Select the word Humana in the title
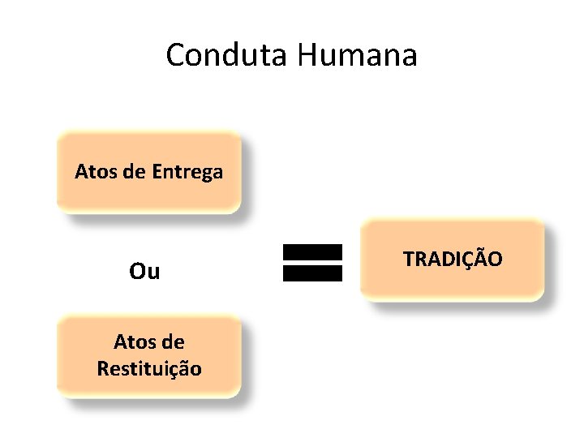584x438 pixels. [x=357, y=55]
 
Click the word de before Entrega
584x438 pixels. [x=135, y=172]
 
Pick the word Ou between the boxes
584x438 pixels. [x=144, y=271]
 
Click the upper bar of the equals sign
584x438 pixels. [x=312, y=252]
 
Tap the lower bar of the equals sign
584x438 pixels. [x=312, y=273]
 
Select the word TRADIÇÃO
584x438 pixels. [x=453, y=259]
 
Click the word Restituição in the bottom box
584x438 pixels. [x=149, y=368]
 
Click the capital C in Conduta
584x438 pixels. [x=176, y=55]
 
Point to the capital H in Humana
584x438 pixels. [x=309, y=55]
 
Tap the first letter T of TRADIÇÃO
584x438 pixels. [x=408, y=260]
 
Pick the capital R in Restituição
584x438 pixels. [x=102, y=368]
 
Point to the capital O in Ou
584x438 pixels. [x=137, y=271]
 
